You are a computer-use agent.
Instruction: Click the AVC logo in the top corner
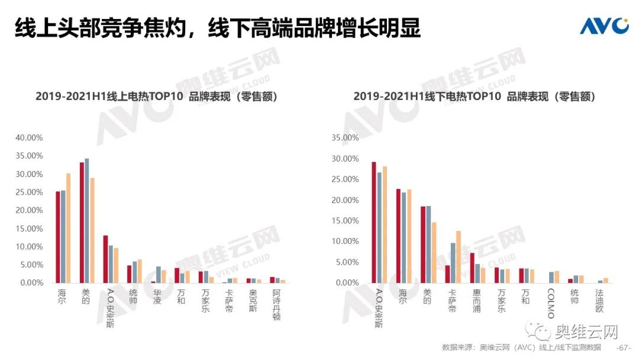coord(603,25)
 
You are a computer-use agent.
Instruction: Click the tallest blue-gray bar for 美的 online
coord(86,221)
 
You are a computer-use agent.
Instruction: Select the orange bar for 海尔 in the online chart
coord(68,228)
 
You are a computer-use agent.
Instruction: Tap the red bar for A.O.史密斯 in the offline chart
coord(374,222)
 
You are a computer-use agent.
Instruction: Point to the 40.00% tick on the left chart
coord(29,138)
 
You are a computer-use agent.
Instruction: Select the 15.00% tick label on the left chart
coord(29,229)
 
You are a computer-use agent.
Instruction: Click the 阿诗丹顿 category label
coord(276,304)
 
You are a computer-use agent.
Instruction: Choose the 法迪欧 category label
coord(600,301)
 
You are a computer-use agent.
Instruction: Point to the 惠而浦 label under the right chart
coord(477,301)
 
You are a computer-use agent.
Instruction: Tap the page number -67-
coord(624,347)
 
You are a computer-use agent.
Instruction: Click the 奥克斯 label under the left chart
coord(253,301)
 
